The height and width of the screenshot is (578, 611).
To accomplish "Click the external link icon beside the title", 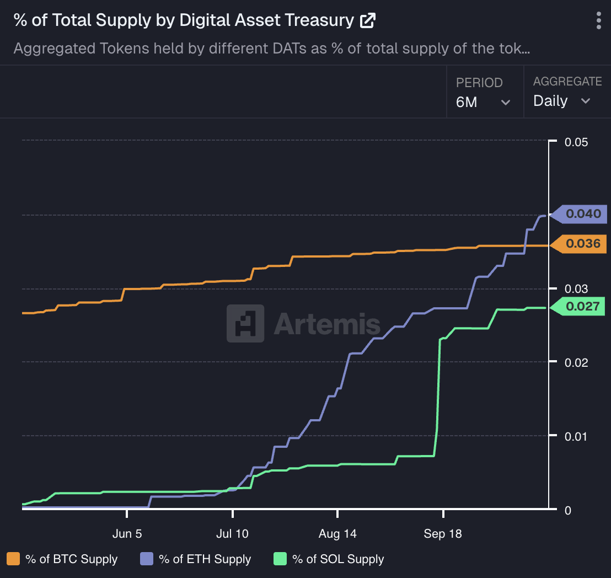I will pos(367,21).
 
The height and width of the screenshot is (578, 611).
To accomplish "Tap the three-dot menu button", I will pos(599,20).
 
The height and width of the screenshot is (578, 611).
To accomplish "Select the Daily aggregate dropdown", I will pos(561,101).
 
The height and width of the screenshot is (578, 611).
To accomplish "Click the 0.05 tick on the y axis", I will pos(577,142).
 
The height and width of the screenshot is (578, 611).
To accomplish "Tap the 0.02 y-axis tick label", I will pos(577,362).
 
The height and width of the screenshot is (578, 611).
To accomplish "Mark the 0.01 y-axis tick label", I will pos(577,436).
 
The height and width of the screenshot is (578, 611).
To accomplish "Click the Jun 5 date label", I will pos(127,534).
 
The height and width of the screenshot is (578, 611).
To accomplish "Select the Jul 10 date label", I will pos(233,534).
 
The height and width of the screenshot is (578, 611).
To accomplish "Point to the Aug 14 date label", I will pos(337,534).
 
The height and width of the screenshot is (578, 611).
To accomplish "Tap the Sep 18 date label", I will pos(443,534).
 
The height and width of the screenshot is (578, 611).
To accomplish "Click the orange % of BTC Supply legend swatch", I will pos(14,559).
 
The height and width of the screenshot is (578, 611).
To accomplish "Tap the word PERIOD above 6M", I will pos(479,83).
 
